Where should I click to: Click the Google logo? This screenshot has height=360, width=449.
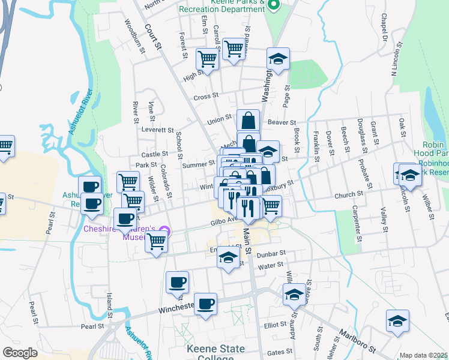pyautogui.click(x=20, y=353)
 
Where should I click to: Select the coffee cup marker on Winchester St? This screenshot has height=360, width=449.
pyautogui.click(x=206, y=304)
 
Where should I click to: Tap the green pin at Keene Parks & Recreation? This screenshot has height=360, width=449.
pyautogui.click(x=274, y=6)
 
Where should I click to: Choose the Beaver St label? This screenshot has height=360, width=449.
pyautogui.click(x=279, y=122)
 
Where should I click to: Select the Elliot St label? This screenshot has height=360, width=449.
pyautogui.click(x=275, y=325)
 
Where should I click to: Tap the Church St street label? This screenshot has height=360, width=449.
pyautogui.click(x=346, y=195)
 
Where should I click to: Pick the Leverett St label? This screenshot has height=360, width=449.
pyautogui.click(x=157, y=130)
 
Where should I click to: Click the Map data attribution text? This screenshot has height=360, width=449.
pyautogui.click(x=424, y=355)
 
